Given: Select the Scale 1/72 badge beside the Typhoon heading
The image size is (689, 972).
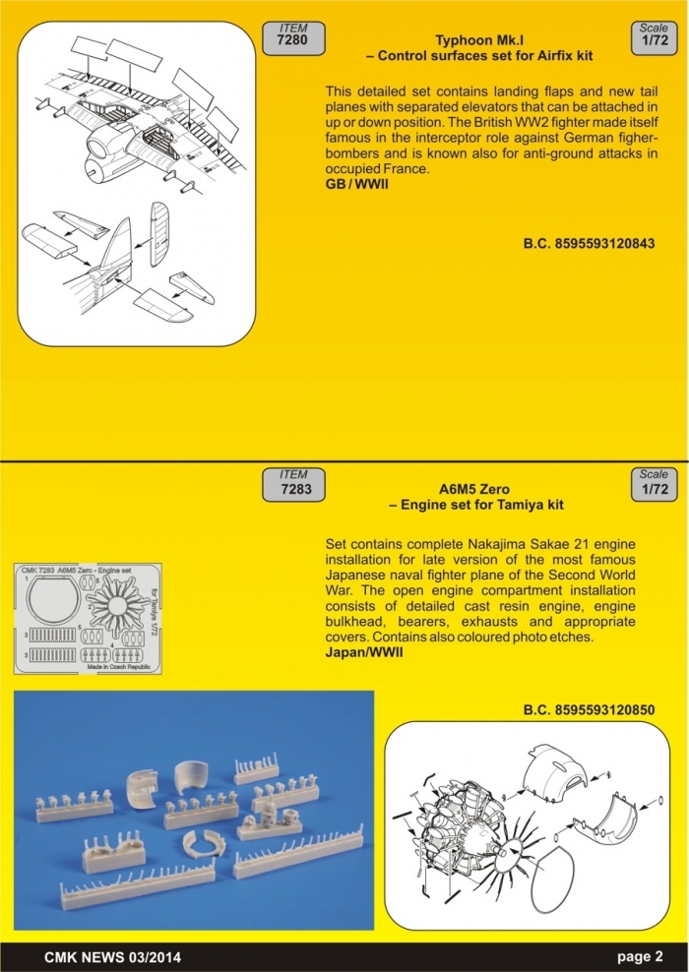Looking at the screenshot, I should pos(653,36).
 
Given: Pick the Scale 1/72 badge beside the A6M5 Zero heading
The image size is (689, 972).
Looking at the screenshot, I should pos(653,483).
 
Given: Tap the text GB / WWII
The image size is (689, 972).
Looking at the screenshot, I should pos(357,184).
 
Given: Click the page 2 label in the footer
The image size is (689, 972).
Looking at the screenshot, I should pos(640,955).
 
